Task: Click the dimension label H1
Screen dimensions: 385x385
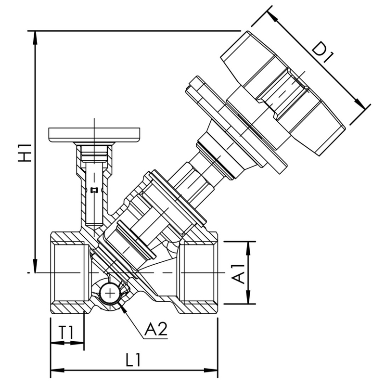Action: coord(23,152)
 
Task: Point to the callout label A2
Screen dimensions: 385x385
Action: coord(155,329)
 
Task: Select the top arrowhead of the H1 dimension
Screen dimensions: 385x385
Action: coord(35,36)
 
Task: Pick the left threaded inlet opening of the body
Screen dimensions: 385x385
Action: coord(70,273)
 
